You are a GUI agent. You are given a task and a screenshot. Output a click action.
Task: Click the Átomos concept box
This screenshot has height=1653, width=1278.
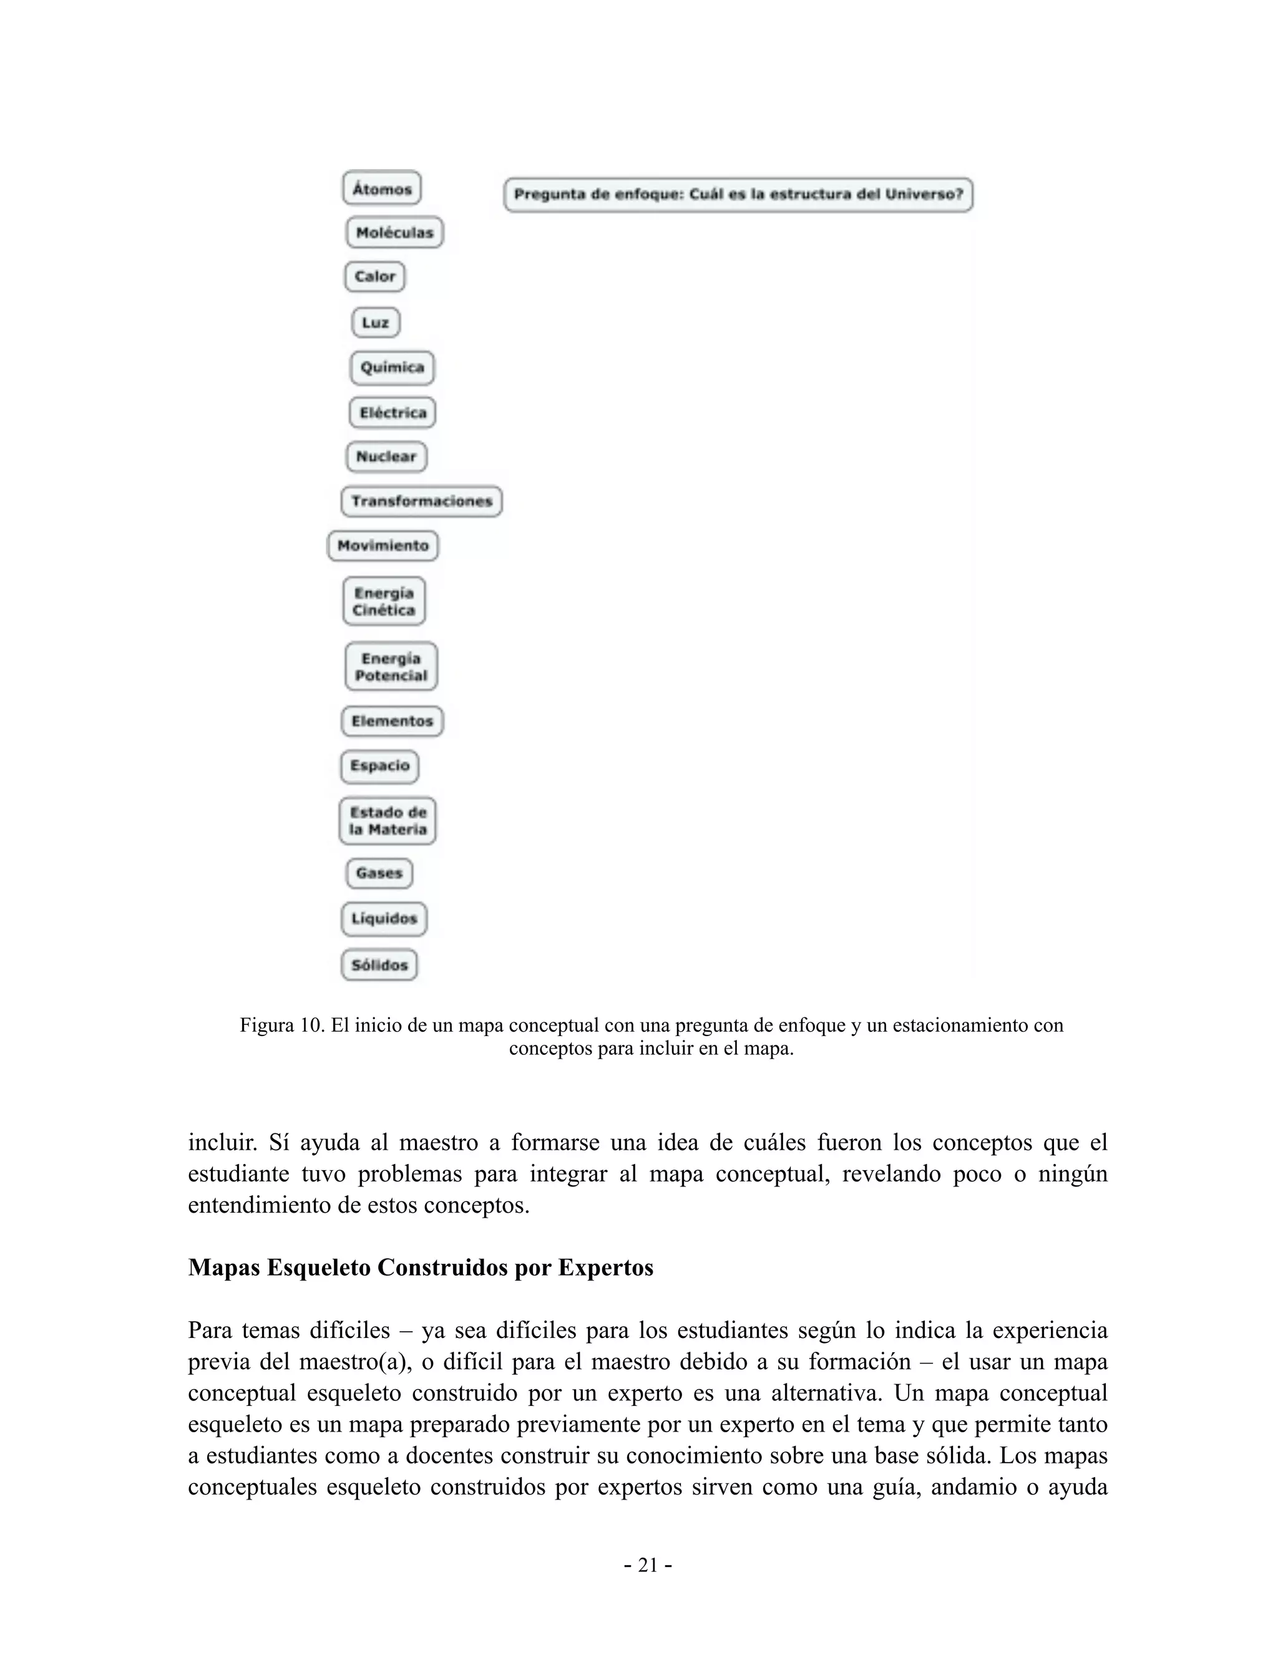point(381,188)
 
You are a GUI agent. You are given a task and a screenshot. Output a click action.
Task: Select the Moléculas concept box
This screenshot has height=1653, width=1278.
point(394,233)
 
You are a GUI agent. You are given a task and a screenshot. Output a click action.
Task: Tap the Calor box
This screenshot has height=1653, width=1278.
point(375,276)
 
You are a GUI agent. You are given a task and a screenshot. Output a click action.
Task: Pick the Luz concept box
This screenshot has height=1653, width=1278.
point(376,322)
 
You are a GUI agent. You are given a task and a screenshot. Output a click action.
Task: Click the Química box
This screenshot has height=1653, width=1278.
point(392,367)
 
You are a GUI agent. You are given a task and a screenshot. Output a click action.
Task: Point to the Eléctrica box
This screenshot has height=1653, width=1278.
point(392,412)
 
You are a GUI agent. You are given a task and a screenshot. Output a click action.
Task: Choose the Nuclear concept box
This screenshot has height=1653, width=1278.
point(386,457)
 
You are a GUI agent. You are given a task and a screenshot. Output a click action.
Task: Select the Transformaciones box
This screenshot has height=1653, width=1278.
point(421,501)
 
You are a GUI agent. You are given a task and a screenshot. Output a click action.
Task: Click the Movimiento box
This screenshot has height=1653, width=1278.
point(383,546)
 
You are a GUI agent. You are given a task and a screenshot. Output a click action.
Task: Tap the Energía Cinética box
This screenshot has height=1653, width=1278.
point(384,601)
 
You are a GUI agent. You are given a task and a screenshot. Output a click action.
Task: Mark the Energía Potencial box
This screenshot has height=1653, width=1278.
point(391,667)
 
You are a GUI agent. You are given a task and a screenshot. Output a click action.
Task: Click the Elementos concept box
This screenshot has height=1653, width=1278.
point(391,720)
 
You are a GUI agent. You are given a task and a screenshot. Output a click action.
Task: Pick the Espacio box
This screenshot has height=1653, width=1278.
point(379,766)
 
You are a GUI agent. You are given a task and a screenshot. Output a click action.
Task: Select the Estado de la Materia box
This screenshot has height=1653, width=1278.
point(388,820)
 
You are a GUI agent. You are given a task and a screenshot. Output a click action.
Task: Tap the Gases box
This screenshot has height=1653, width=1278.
point(379,873)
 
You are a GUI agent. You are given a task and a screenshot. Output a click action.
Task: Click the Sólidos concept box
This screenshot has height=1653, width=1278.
point(379,965)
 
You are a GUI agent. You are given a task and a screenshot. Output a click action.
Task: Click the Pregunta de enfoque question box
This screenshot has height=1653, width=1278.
point(738,195)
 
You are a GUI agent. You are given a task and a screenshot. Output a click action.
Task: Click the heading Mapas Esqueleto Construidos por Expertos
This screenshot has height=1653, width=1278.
point(420,1268)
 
